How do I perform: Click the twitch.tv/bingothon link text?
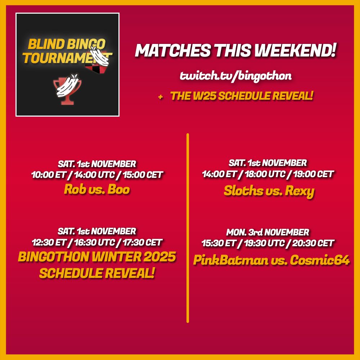click(235, 76)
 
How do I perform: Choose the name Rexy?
click(300, 191)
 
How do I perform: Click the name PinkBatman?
click(230, 260)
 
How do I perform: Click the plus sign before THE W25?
click(160, 96)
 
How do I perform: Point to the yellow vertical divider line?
click(188, 227)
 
